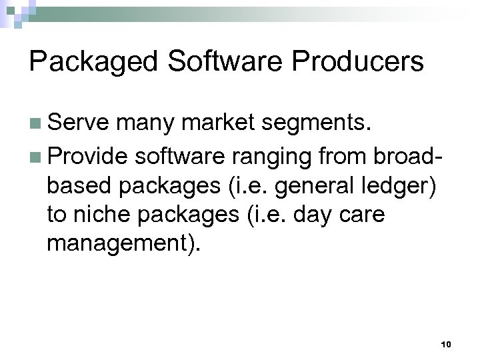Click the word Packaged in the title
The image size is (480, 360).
point(92,62)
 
